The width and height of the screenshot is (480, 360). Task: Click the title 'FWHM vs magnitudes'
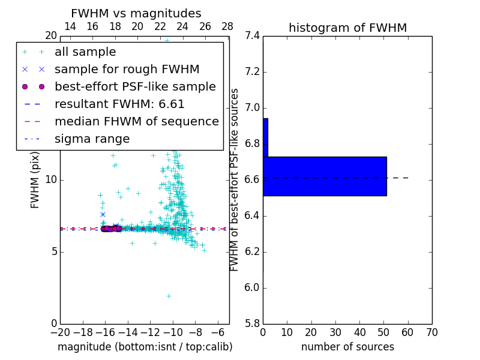pos(136,13)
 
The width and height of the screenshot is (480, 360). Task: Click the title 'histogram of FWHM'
pos(347,28)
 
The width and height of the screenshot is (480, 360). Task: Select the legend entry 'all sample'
pos(85,52)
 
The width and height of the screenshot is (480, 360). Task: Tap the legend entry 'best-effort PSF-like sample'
pos(135,86)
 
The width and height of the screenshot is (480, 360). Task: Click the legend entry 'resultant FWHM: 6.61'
pos(119,104)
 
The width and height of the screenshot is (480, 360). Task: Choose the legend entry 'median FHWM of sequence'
pos(136,121)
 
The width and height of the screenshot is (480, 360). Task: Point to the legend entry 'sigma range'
pos(92,139)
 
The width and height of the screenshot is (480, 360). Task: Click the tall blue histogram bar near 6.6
pos(325,176)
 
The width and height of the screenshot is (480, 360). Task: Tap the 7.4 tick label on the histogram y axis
pos(252,36)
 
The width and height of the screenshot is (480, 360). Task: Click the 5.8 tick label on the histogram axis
pos(252,323)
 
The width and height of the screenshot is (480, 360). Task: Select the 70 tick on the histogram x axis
pos(431,332)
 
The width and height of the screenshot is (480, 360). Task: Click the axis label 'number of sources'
pos(347,347)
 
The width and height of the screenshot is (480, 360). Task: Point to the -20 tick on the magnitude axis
pos(60,332)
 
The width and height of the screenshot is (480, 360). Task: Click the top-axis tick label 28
pos(227,26)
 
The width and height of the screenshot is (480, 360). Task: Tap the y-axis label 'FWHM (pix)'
pos(35,179)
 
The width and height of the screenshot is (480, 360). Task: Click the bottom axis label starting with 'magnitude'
pos(145,347)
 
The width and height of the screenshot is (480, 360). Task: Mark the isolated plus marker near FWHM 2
pos(169,296)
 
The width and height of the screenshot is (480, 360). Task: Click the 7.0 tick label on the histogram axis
pos(252,108)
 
